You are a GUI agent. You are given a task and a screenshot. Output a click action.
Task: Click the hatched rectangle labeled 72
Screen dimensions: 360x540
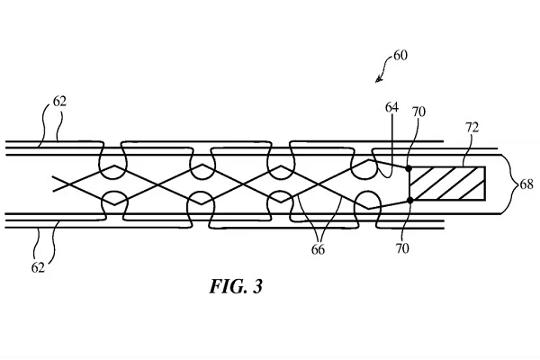(x=446, y=184)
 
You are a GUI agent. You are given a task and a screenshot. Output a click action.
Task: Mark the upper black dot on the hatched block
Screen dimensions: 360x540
(x=409, y=168)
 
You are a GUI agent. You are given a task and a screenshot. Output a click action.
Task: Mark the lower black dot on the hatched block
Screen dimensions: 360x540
(x=409, y=200)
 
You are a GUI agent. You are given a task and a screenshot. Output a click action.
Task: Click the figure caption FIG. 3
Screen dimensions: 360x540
(x=232, y=290)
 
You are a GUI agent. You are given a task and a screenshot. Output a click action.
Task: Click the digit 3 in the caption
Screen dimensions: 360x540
(x=258, y=290)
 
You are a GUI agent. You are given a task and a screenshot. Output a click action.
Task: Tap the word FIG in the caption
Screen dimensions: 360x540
(x=222, y=290)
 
